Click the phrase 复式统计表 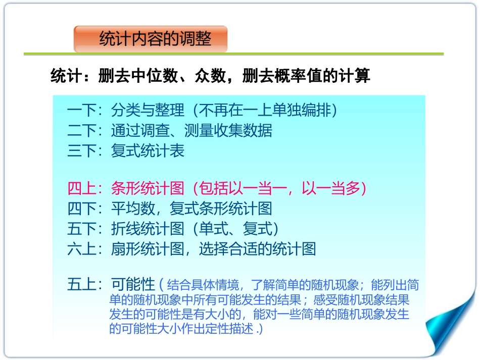(148, 150)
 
